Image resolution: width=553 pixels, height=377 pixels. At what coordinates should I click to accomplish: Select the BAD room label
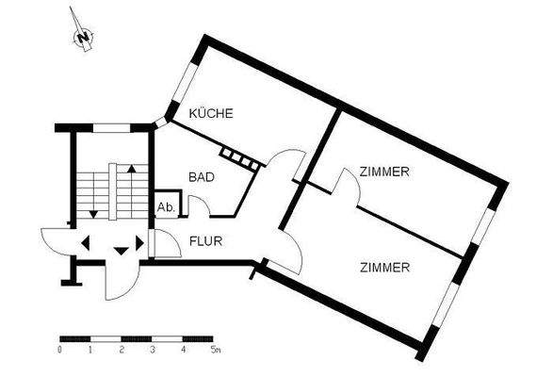point(201,176)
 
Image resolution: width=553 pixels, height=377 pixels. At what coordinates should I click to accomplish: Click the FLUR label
point(205,240)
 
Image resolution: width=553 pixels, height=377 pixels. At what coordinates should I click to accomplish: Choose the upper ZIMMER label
point(383,172)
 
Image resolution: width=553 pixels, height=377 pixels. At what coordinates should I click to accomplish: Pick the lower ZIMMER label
point(384,268)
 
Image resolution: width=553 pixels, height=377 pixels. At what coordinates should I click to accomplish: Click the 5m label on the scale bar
point(217,350)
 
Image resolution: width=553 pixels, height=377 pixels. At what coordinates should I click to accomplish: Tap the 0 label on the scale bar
point(59,350)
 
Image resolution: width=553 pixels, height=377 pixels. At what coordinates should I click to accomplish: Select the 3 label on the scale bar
point(153,350)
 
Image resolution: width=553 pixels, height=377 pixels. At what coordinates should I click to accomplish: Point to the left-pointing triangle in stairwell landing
point(85,243)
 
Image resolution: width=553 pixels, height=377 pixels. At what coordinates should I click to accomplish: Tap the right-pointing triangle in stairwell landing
point(140,243)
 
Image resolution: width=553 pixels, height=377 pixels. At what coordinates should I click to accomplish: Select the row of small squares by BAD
point(238,158)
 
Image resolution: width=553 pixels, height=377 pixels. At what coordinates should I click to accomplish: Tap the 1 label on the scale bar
point(90,350)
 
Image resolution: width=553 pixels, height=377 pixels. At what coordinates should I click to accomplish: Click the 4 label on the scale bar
point(184,350)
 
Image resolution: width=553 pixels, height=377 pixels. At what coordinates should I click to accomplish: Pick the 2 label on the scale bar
point(122,350)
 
